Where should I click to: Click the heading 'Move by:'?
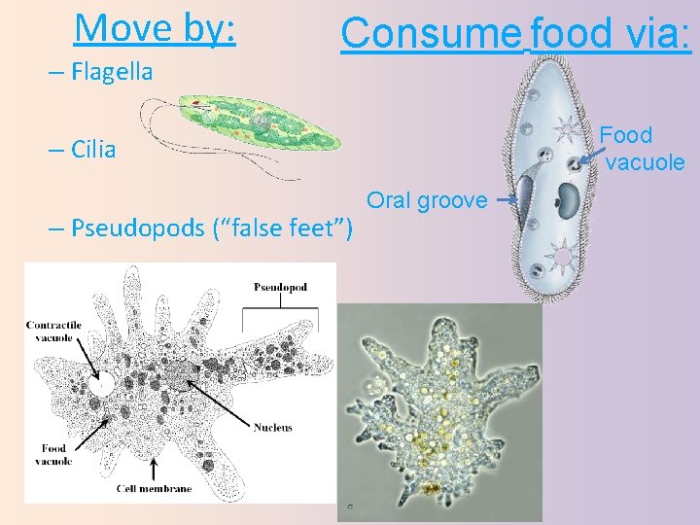tap(155, 28)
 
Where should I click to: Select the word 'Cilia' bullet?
tap(93, 150)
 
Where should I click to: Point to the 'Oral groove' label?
tap(427, 200)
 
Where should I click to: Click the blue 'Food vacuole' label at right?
tap(643, 148)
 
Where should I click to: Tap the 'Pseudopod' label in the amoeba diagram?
tap(280, 288)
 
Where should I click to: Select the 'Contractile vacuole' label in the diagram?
tap(53, 332)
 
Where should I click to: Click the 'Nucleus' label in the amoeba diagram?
tap(273, 428)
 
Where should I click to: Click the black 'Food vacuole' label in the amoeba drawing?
tap(53, 455)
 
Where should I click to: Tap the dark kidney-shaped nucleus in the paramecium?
tap(567, 201)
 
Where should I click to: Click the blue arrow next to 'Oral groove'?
tap(504, 199)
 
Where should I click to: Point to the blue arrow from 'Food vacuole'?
tap(587, 149)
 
